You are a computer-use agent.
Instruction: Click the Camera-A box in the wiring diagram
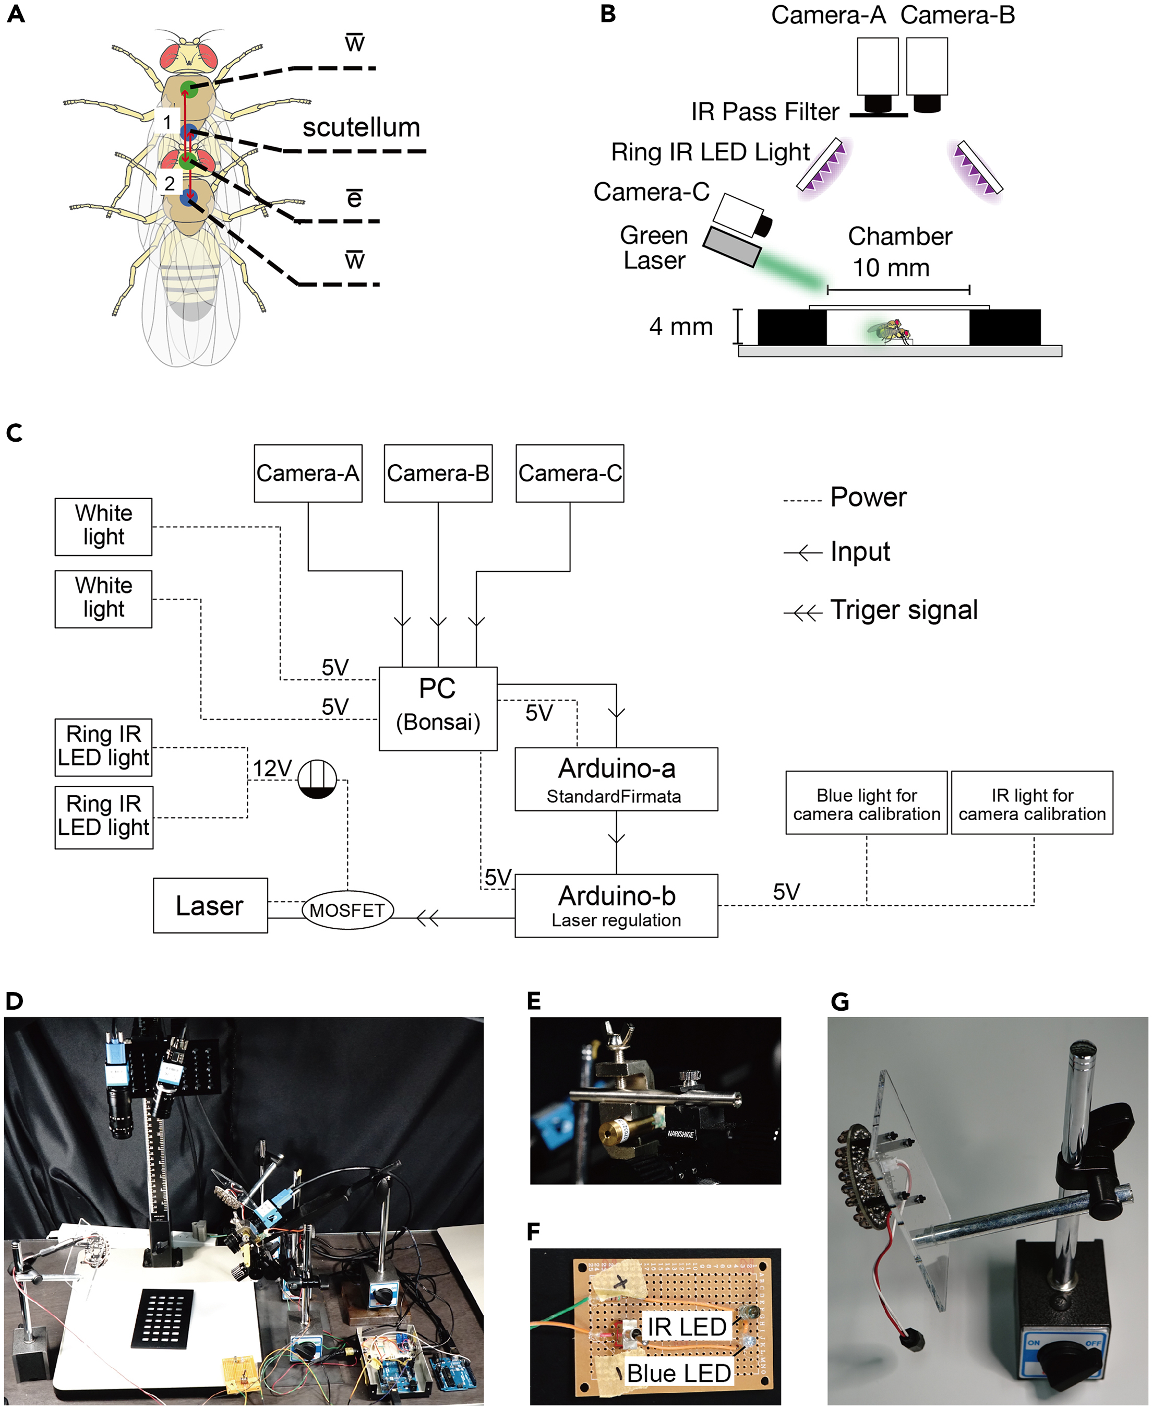(x=308, y=474)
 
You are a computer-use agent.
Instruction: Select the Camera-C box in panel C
(x=569, y=474)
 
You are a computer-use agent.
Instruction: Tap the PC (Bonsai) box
(x=438, y=708)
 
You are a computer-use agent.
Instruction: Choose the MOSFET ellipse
(x=347, y=909)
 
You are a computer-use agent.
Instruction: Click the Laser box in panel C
(x=210, y=905)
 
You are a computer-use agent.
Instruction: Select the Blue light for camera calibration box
(x=866, y=802)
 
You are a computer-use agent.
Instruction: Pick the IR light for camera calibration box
(x=1032, y=802)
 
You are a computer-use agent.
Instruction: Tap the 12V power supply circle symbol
(x=317, y=779)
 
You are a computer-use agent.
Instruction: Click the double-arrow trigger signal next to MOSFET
(x=427, y=919)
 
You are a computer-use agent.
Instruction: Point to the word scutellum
(x=361, y=127)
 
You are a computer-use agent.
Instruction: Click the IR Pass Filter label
(x=764, y=112)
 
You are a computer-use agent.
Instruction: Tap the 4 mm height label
(x=681, y=327)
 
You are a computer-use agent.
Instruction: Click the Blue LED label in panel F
(x=679, y=1373)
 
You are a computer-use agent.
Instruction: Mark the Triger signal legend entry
(x=904, y=609)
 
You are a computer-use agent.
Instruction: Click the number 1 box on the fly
(x=167, y=122)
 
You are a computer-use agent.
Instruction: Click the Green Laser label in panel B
(x=654, y=247)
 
